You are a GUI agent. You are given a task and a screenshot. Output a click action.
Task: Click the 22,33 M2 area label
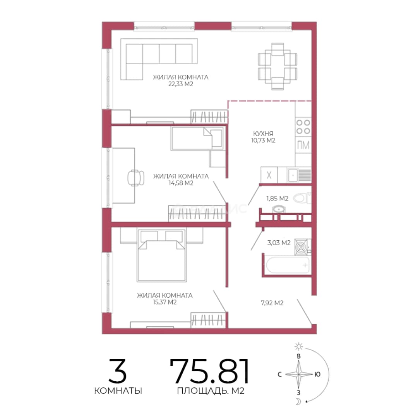tap(181, 84)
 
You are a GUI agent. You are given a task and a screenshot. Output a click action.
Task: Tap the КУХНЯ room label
tap(263, 134)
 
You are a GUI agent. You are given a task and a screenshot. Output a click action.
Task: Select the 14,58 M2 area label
tap(181, 183)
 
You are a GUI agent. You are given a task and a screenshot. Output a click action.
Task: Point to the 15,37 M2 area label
tap(165, 302)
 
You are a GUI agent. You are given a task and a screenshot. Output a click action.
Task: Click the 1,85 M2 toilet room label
tap(277, 199)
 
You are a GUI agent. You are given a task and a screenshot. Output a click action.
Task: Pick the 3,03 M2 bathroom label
tap(279, 243)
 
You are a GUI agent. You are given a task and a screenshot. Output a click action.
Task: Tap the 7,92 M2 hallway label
tap(272, 303)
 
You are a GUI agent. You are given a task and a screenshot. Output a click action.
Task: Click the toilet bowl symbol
tap(302, 198)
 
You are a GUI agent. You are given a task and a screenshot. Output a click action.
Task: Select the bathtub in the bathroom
tap(288, 265)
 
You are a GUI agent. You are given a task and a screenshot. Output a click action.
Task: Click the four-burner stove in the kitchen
tap(303, 127)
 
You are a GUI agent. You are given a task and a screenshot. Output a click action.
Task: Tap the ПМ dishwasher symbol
tap(303, 145)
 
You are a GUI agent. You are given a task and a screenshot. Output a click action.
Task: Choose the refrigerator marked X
tap(269, 175)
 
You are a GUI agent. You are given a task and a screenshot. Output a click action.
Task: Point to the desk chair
tap(136, 178)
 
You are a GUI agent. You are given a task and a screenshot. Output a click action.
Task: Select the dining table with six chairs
tap(278, 67)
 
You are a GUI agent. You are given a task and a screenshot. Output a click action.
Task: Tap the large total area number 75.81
tap(210, 371)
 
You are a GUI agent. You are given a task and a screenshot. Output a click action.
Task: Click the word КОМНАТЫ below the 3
tap(118, 391)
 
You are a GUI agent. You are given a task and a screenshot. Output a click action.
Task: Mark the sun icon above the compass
tap(299, 346)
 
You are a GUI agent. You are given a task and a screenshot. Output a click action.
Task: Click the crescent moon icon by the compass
tap(298, 401)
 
